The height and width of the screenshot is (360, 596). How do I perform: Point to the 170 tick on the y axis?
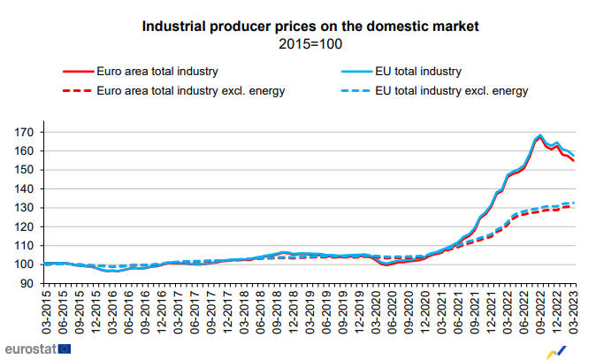click(27, 133)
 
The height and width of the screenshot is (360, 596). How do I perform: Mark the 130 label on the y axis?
click(27, 208)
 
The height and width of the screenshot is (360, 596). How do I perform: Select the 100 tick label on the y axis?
click(27, 264)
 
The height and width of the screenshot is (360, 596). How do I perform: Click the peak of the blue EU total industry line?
click(539, 135)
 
